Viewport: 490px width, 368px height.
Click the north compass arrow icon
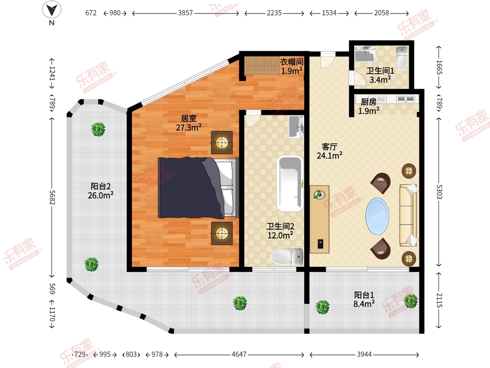coord(52,9)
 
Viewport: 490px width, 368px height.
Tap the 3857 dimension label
coord(185,13)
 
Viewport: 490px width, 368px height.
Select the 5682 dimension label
coord(52,197)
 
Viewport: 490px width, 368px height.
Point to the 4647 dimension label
coord(239,354)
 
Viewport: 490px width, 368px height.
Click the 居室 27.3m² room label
coord(189,123)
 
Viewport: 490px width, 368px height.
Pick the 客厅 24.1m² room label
coord(330,151)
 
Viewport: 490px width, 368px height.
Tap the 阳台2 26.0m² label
coord(100,191)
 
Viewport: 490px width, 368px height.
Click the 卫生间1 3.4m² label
coord(380,75)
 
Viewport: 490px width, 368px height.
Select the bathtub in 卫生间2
coord(290,184)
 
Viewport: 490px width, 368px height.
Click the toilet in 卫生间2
coord(287,256)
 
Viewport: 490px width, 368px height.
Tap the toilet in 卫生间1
coord(402,58)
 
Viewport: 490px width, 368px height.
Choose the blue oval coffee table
coord(377,216)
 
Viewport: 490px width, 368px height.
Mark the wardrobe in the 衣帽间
coord(262,65)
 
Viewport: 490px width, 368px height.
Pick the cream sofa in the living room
coord(408,215)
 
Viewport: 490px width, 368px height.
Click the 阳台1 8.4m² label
coord(364,300)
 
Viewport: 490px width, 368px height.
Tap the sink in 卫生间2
coord(296,127)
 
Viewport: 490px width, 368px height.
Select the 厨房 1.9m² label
coord(369,106)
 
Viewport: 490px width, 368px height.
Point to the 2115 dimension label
coord(439,300)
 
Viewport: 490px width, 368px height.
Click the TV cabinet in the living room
coord(319,219)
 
